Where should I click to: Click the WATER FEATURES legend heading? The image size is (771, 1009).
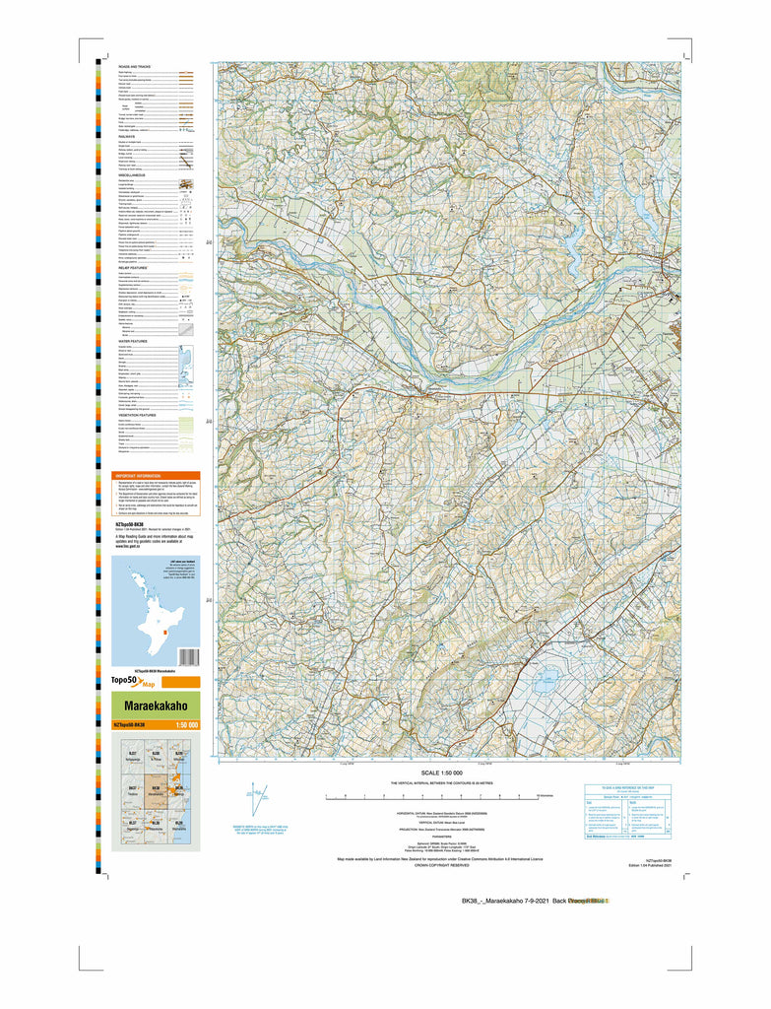coord(132,341)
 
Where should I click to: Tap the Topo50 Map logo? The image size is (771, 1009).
coord(133,682)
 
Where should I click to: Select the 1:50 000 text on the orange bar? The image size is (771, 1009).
coord(186,726)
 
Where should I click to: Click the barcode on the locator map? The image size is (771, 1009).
coord(189,656)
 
